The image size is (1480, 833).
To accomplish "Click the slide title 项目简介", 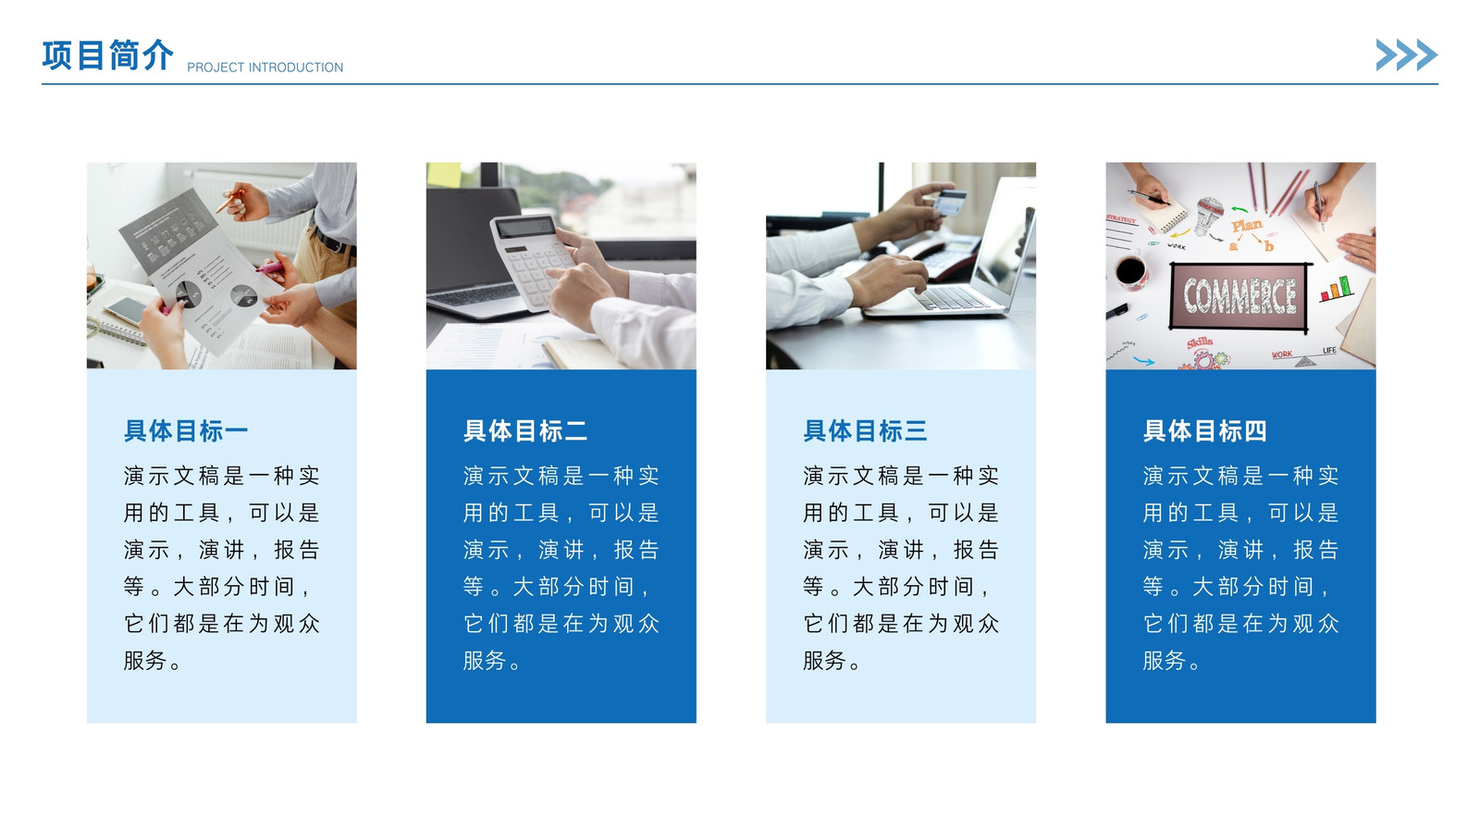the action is point(107,55).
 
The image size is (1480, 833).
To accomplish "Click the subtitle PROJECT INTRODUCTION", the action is point(265,68).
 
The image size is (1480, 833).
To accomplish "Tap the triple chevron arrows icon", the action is point(1407,55).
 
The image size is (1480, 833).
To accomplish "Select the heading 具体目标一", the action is point(186,431).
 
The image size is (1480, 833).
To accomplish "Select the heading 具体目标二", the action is point(525,431).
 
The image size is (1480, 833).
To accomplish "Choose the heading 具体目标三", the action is point(865,431).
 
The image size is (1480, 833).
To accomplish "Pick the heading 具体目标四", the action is point(1205,431).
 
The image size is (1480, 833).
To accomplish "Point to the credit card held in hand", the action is point(949,202).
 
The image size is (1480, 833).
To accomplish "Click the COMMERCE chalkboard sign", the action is point(1239,296).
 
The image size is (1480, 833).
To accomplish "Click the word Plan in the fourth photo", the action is point(1247,226).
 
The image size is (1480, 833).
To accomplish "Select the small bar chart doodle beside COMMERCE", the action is point(1336,289).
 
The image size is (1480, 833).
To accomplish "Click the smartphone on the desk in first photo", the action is point(126,310).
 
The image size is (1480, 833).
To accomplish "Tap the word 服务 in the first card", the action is point(144,661).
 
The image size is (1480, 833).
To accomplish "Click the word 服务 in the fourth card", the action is point(1165,661).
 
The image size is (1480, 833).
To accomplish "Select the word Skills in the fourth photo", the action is point(1199,342).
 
